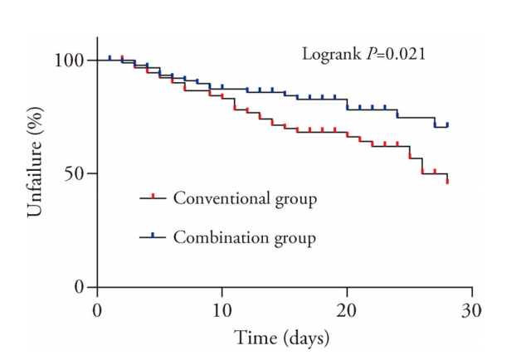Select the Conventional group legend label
pyautogui.click(x=244, y=198)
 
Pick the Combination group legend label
pyautogui.click(x=244, y=237)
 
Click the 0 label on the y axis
pyautogui.click(x=80, y=288)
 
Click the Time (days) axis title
pyautogui.click(x=282, y=338)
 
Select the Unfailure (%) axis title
pyautogui.click(x=34, y=174)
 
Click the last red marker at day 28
pyautogui.click(x=447, y=180)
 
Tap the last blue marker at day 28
pyautogui.click(x=447, y=124)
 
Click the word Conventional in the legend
pyautogui.click(x=215, y=198)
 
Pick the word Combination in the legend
pyautogui.click(x=213, y=237)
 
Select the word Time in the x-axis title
pyautogui.click(x=253, y=338)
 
